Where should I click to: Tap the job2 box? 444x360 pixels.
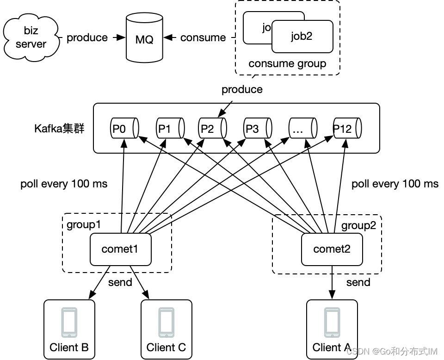(x=302, y=36)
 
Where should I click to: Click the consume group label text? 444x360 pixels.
(x=287, y=63)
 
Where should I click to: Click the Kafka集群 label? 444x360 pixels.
(x=59, y=128)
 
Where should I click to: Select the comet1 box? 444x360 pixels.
(x=120, y=249)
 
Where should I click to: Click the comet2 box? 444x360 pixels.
(x=332, y=249)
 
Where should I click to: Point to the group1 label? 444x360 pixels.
(x=84, y=225)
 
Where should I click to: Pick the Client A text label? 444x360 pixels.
(x=332, y=347)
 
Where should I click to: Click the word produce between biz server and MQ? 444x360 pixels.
(x=87, y=37)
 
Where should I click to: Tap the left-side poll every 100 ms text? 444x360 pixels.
(x=64, y=184)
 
